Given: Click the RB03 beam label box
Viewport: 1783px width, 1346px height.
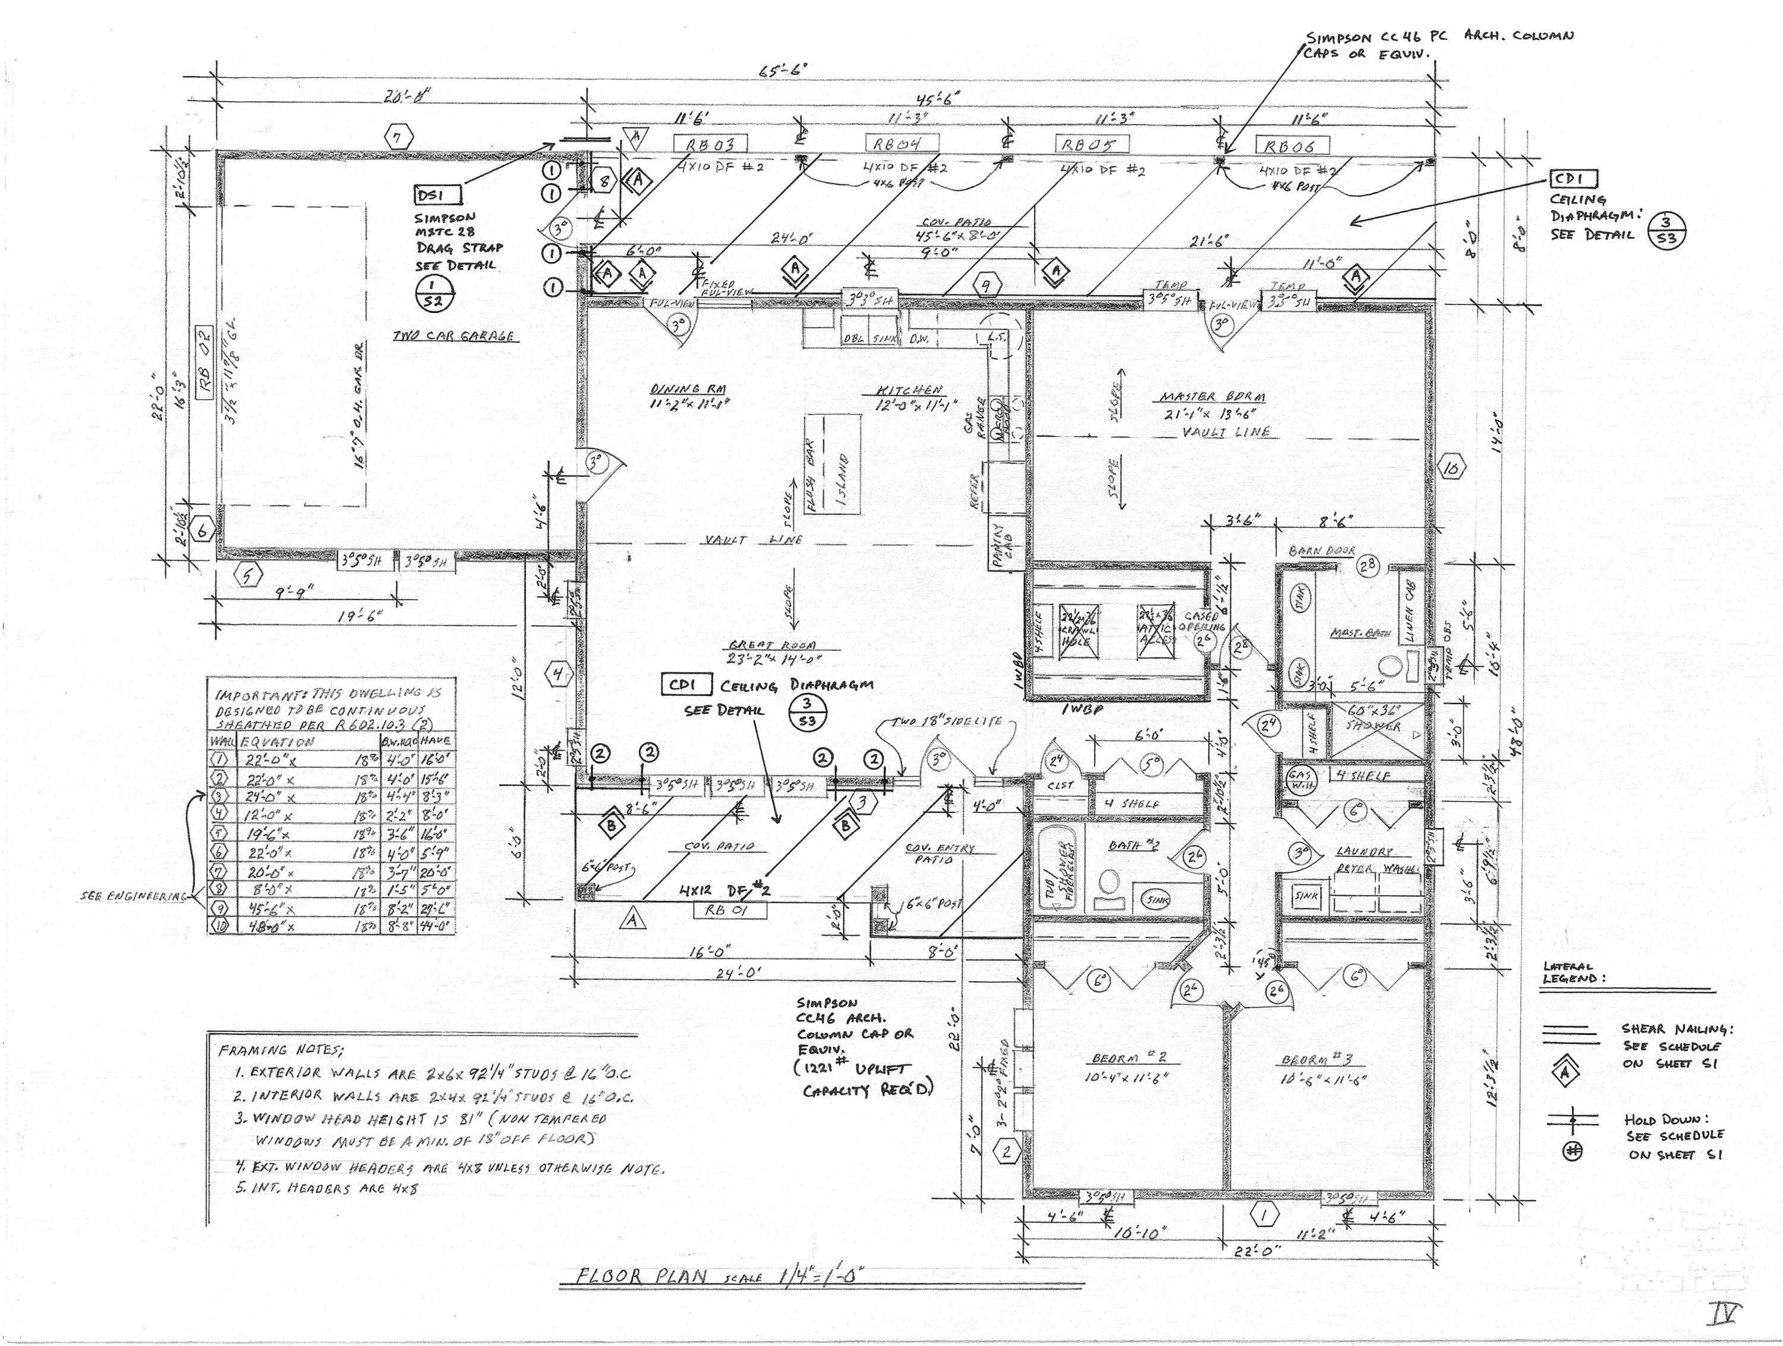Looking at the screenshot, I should click(x=710, y=145).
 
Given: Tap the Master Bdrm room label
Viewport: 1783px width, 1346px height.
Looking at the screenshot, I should click(x=1212, y=397).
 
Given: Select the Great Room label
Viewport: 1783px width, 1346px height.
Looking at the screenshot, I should click(x=772, y=645).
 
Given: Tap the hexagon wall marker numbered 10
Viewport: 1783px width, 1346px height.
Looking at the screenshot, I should click(x=1452, y=468).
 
